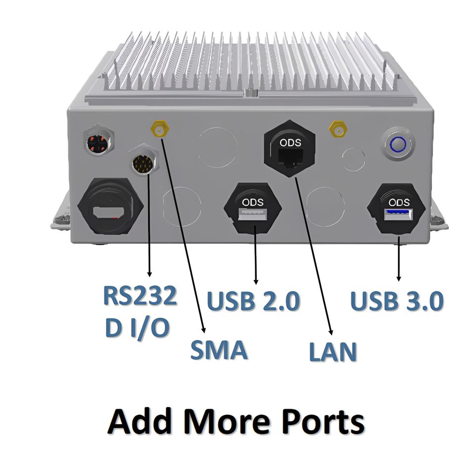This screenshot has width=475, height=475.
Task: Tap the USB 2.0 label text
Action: (x=253, y=301)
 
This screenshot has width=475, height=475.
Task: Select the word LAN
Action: (x=332, y=352)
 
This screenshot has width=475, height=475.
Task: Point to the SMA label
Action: (x=219, y=350)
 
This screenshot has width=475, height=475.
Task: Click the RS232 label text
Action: (x=140, y=296)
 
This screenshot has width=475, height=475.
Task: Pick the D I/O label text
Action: (x=137, y=327)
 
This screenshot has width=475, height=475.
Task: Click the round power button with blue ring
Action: (x=397, y=144)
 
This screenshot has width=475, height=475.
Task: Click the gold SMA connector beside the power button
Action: (x=338, y=130)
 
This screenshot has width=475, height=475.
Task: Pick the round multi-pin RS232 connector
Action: (x=144, y=162)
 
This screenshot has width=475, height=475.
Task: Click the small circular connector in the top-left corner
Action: (x=98, y=140)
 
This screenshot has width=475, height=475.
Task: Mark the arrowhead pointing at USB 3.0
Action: (x=399, y=278)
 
